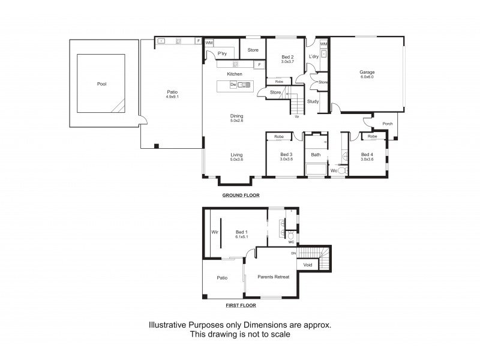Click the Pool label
101,84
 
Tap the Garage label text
367,72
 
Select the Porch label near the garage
388,124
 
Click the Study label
313,101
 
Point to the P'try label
222,54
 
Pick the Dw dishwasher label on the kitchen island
233,85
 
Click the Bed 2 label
287,57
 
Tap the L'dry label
313,57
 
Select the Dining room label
236,116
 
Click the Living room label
236,155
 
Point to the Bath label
316,155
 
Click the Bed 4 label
367,155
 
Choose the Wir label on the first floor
214,232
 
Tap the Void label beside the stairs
308,265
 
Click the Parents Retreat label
274,277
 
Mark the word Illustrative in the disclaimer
170,325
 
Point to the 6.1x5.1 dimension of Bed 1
242,237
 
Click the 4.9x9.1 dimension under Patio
172,96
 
